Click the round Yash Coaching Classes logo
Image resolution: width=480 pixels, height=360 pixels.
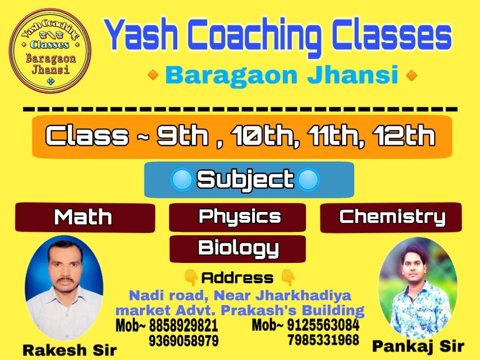[50, 51]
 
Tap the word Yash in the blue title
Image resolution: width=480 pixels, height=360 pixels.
[142, 35]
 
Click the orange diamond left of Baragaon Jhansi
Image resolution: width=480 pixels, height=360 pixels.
[153, 75]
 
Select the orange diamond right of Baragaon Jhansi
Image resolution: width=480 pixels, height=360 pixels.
[412, 75]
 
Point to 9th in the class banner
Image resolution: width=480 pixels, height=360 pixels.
[183, 135]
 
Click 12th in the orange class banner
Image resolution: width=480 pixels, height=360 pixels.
[404, 135]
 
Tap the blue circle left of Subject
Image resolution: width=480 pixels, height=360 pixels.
[182, 180]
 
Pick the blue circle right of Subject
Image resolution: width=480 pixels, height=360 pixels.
[308, 180]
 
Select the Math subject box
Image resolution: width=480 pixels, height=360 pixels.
[85, 217]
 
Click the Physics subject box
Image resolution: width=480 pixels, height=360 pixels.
[237, 217]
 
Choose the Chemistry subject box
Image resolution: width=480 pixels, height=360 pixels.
[391, 217]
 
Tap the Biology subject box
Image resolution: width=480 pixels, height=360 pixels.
[238, 249]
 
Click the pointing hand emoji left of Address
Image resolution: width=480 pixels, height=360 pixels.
[191, 277]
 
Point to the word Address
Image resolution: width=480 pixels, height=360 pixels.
[237, 278]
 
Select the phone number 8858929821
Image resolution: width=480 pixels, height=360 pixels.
[183, 325]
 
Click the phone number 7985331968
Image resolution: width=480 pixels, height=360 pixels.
[323, 340]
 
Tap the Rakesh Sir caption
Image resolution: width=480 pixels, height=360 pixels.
[70, 350]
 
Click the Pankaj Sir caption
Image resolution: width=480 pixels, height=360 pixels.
[418, 346]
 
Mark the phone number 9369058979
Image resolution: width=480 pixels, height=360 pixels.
[184, 340]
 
